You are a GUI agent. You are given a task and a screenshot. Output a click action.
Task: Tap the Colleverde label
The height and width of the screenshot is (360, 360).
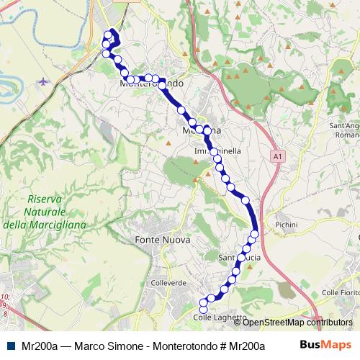pos(168,283)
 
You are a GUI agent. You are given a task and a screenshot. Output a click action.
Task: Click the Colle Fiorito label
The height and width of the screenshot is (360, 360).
pos(339,292)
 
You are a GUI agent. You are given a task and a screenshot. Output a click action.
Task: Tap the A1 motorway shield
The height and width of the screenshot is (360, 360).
pos(277,156)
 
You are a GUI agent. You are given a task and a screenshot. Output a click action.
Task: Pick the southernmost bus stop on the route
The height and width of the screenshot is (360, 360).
pos(203,309)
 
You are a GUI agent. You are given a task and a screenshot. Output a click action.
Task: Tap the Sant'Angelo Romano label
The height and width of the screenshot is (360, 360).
pos(344,130)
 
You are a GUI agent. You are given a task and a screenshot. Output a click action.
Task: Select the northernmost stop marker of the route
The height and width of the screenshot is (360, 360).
pos(110,33)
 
